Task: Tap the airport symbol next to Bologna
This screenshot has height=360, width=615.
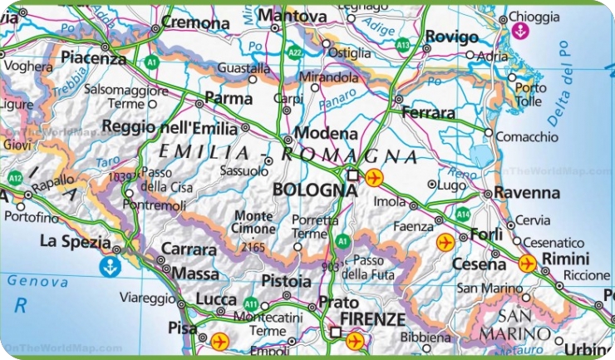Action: [374, 176]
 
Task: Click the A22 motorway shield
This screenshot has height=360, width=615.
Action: [295, 52]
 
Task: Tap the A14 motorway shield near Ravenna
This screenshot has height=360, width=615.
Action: [462, 214]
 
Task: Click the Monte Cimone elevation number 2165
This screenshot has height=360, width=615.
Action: [253, 247]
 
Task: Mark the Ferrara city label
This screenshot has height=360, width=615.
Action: [428, 112]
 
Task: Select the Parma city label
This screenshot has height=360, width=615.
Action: [229, 99]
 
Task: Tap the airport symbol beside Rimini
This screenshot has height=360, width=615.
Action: [527, 264]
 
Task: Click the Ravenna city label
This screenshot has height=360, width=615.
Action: [527, 193]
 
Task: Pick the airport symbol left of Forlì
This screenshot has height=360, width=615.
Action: [445, 242]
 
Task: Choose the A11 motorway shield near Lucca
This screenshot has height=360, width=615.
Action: [252, 304]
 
